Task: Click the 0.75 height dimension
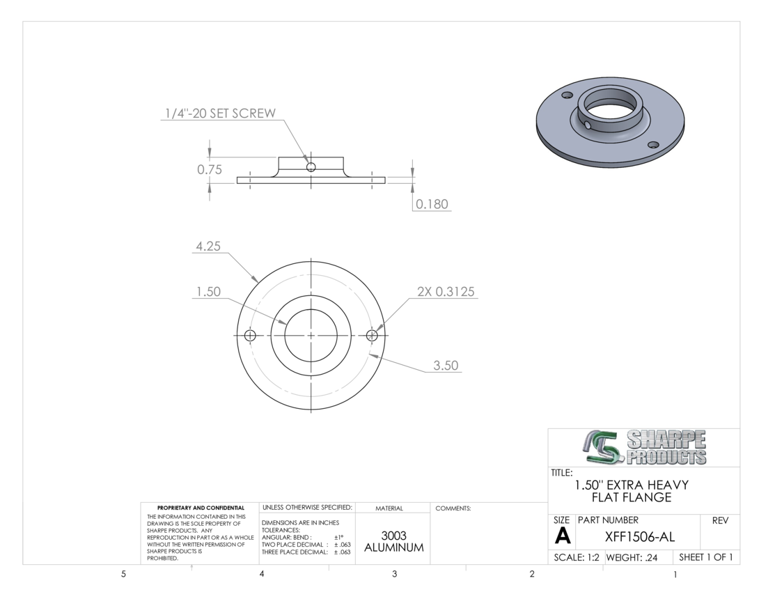click(210, 169)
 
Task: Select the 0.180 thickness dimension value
click(432, 203)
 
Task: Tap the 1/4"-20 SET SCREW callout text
click(220, 114)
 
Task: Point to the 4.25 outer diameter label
click(208, 246)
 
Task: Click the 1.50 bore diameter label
click(209, 292)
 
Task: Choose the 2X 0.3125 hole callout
click(446, 292)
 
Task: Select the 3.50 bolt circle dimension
click(446, 366)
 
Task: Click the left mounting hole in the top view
click(249, 336)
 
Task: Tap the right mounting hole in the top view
click(372, 336)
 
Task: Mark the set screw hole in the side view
click(311, 168)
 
